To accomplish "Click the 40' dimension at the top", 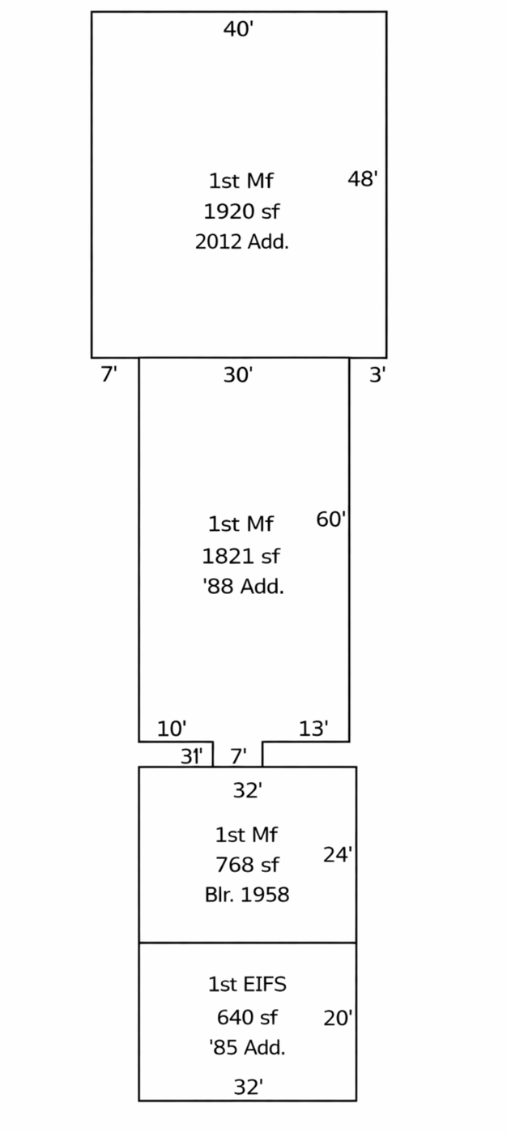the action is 238,29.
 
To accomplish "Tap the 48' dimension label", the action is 362,178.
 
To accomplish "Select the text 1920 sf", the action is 241,212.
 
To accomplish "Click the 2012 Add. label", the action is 241,242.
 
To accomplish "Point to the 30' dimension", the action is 238,374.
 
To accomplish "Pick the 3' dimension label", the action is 377,374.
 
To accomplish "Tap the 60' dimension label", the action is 331,519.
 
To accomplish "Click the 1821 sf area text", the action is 241,557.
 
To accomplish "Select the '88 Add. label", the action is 243,586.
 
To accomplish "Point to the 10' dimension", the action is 172,729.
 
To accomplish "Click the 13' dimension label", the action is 313,729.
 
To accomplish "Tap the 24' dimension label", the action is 338,855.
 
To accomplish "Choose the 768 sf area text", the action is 247,865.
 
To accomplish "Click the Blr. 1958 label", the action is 247,895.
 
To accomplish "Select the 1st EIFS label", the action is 247,985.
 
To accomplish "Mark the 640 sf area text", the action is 247,1017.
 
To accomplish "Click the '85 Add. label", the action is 247,1047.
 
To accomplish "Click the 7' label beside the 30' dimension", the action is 109,374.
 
